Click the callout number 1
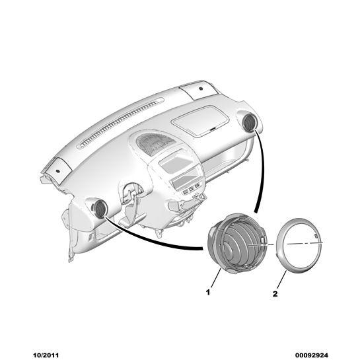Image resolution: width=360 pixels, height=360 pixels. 208,292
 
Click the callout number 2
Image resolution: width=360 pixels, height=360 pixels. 275,294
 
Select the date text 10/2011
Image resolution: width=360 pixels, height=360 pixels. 46,355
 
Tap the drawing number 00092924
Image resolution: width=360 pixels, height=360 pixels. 312,355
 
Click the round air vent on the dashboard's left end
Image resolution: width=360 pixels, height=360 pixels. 100,208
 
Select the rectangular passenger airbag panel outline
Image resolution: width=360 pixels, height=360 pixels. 200,121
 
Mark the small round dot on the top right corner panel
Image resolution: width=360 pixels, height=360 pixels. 201,89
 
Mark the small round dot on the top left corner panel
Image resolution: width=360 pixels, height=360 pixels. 57,171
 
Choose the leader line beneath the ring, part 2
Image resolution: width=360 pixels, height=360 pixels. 281,279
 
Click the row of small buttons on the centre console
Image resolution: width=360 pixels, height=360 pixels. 191,189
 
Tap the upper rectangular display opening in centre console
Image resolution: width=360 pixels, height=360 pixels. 175,162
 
